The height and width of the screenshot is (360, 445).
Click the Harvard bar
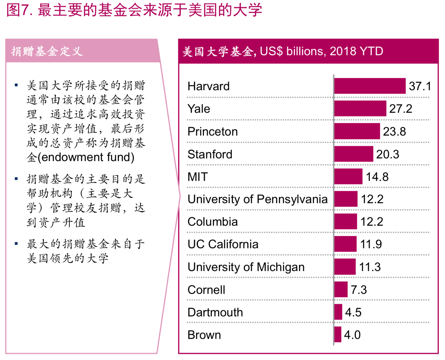(x=370, y=86)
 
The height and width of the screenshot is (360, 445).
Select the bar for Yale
(x=360, y=109)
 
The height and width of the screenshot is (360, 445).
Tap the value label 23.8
(x=394, y=132)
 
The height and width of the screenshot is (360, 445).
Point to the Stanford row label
(x=210, y=154)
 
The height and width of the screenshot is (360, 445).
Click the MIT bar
(x=348, y=176)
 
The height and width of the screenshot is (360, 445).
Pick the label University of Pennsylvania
(x=257, y=199)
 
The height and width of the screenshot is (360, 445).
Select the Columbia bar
(x=346, y=222)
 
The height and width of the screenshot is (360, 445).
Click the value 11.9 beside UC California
(x=371, y=244)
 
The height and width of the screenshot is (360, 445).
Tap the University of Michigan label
(x=246, y=267)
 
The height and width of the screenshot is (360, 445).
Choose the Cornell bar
(x=341, y=289)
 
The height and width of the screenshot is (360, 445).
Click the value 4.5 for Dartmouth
(x=353, y=312)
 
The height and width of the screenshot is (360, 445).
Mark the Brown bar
(x=338, y=334)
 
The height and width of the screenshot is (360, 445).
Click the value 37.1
(x=420, y=86)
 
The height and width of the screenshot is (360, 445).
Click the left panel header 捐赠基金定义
(x=47, y=51)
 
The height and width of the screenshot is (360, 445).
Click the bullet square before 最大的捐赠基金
(x=16, y=244)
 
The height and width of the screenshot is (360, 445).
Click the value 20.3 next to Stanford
(x=387, y=154)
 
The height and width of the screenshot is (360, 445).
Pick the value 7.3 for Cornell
(x=359, y=290)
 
